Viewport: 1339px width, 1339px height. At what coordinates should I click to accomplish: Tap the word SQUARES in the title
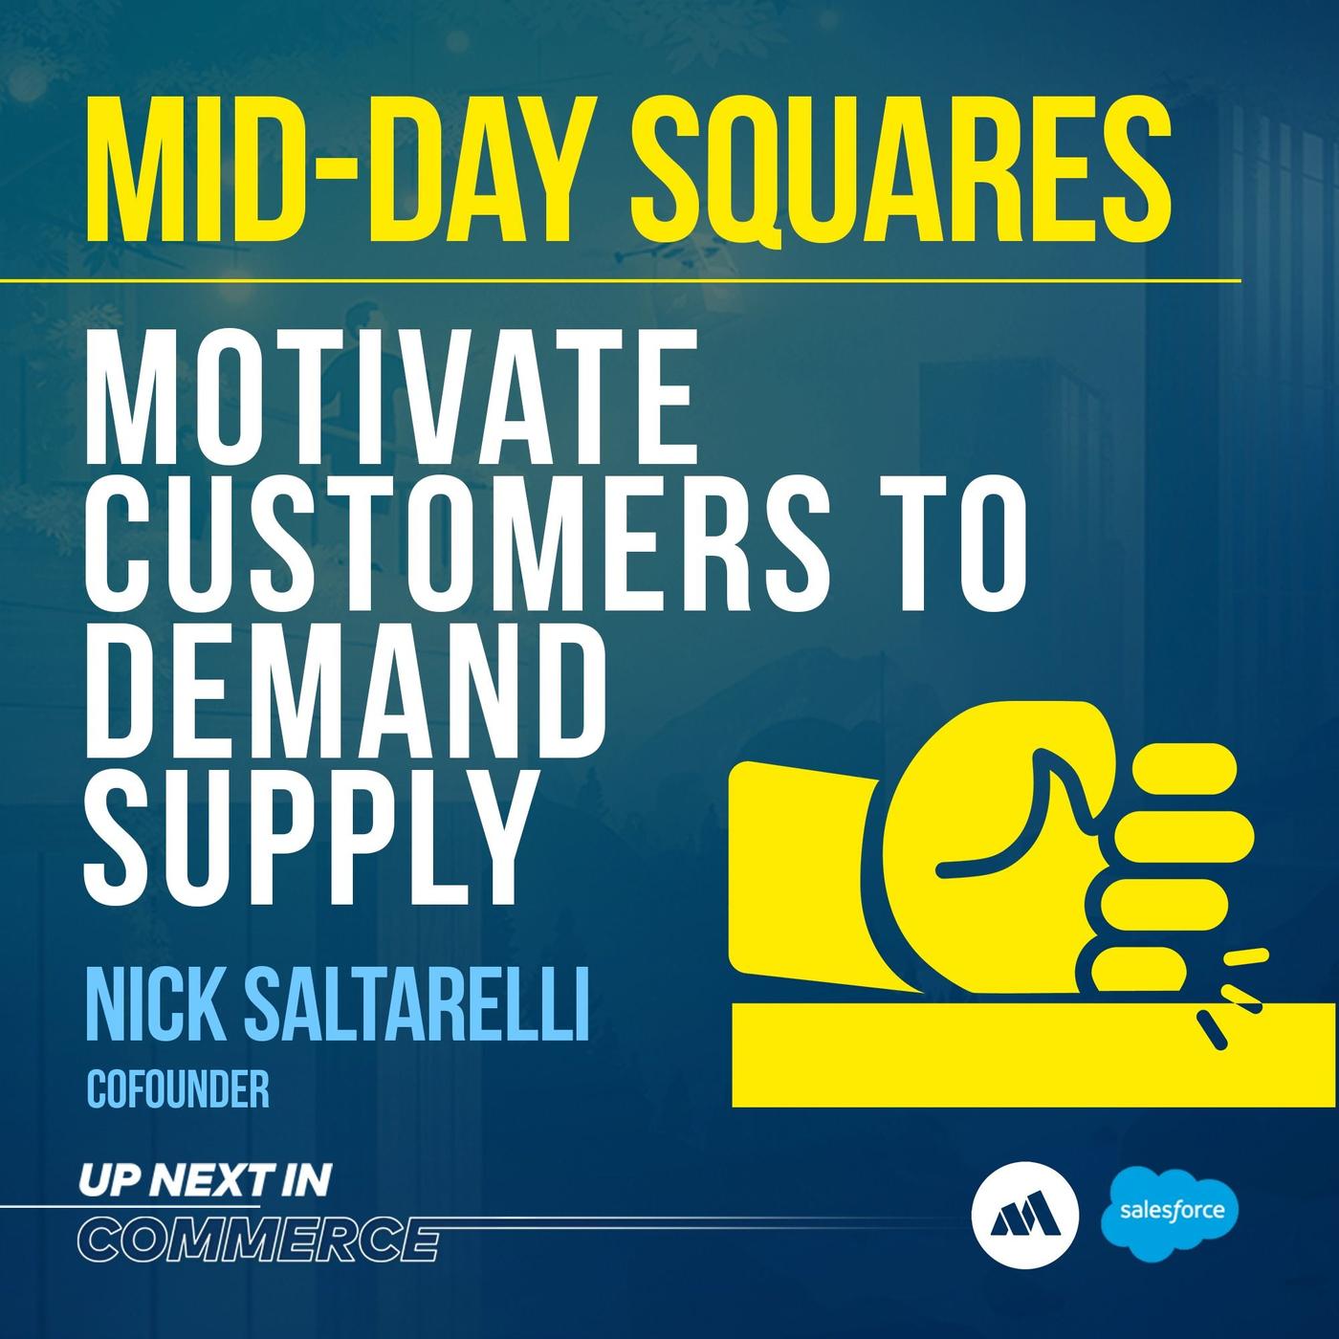(x=901, y=171)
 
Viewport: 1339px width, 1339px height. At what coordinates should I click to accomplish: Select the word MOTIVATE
(x=390, y=401)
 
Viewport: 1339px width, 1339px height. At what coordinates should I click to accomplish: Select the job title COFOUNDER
(x=178, y=1091)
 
